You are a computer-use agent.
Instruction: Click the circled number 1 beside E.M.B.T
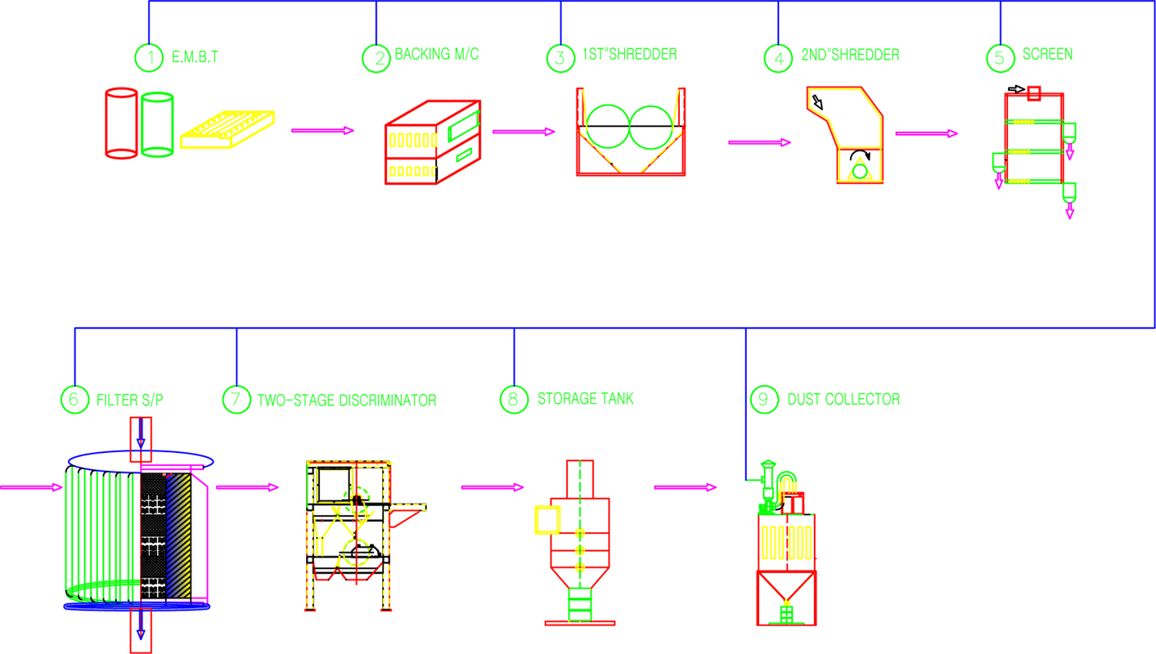149,58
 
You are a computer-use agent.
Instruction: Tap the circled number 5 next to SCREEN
1000,58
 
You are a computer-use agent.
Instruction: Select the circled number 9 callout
764,399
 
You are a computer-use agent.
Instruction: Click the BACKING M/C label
437,54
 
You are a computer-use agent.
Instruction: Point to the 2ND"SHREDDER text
850,56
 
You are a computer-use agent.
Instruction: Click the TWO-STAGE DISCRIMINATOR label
347,401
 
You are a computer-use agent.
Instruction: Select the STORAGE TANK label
585,399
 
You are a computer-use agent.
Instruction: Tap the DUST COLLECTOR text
843,399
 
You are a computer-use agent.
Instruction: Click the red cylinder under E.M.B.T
121,123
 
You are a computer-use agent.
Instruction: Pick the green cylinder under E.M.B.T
157,124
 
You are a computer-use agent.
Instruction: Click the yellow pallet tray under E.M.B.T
227,129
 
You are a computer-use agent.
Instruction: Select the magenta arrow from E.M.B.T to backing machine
322,131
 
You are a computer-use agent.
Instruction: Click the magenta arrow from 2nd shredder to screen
926,133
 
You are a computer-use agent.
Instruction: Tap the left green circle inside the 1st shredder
608,127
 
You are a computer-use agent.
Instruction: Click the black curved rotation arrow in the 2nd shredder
861,153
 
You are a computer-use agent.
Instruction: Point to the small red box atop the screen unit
1033,93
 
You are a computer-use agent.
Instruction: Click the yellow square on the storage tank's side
547,520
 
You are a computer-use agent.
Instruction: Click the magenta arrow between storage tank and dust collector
685,487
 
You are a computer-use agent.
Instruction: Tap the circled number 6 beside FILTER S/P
74,399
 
